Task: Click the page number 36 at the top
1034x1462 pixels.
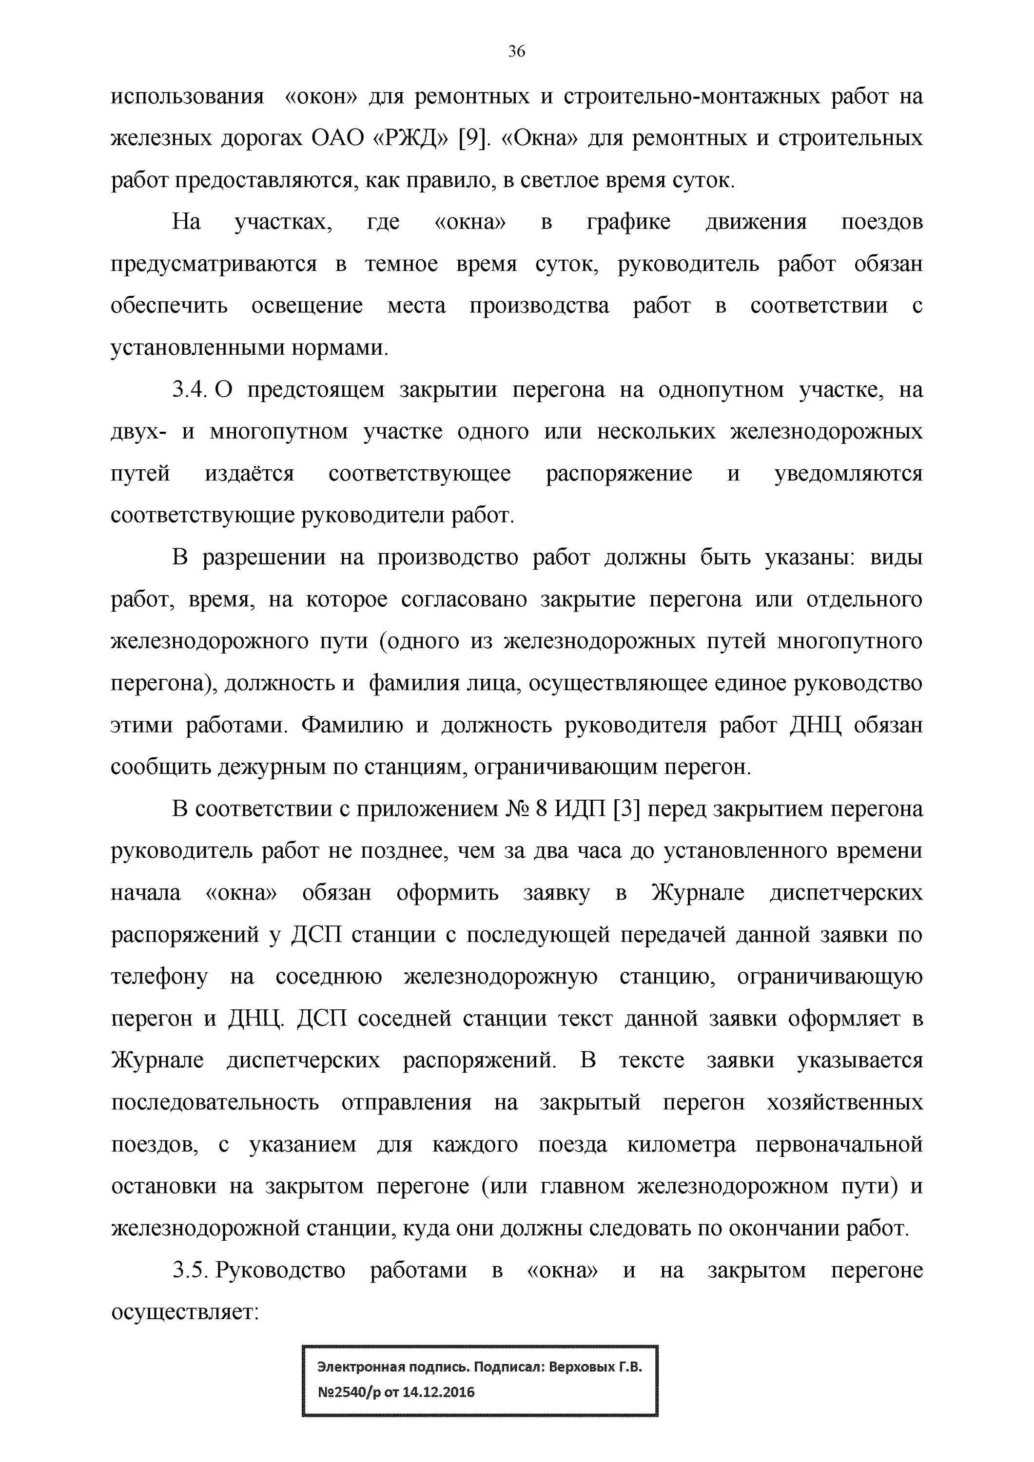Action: (x=516, y=52)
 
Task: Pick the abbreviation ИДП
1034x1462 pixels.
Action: (x=580, y=809)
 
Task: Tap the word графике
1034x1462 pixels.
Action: (x=628, y=222)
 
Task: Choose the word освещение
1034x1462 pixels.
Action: (x=307, y=306)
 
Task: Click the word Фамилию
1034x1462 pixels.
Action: (x=351, y=725)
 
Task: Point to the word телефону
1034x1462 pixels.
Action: (x=159, y=978)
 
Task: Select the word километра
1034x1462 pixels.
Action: (x=681, y=1145)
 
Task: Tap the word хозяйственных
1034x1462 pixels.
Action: (x=845, y=1103)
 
